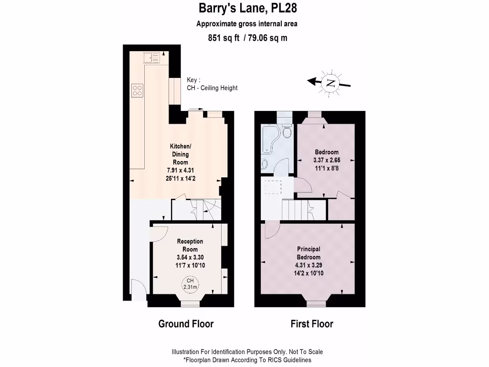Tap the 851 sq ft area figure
pyautogui.click(x=224, y=38)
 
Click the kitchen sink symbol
pyautogui.click(x=151, y=58)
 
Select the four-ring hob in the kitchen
pyautogui.click(x=138, y=90)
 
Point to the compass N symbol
pyautogui.click(x=330, y=83)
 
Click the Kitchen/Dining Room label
pyautogui.click(x=181, y=154)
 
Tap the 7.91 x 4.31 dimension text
pyautogui.click(x=181, y=170)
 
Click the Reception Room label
pyautogui.click(x=190, y=246)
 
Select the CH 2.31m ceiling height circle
pyautogui.click(x=190, y=284)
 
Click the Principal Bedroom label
pyautogui.click(x=308, y=253)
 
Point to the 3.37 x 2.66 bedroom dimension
pyautogui.click(x=327, y=160)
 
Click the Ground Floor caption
pyautogui.click(x=186, y=324)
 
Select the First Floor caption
pyautogui.click(x=312, y=324)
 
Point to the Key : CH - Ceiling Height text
pyautogui.click(x=212, y=84)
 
